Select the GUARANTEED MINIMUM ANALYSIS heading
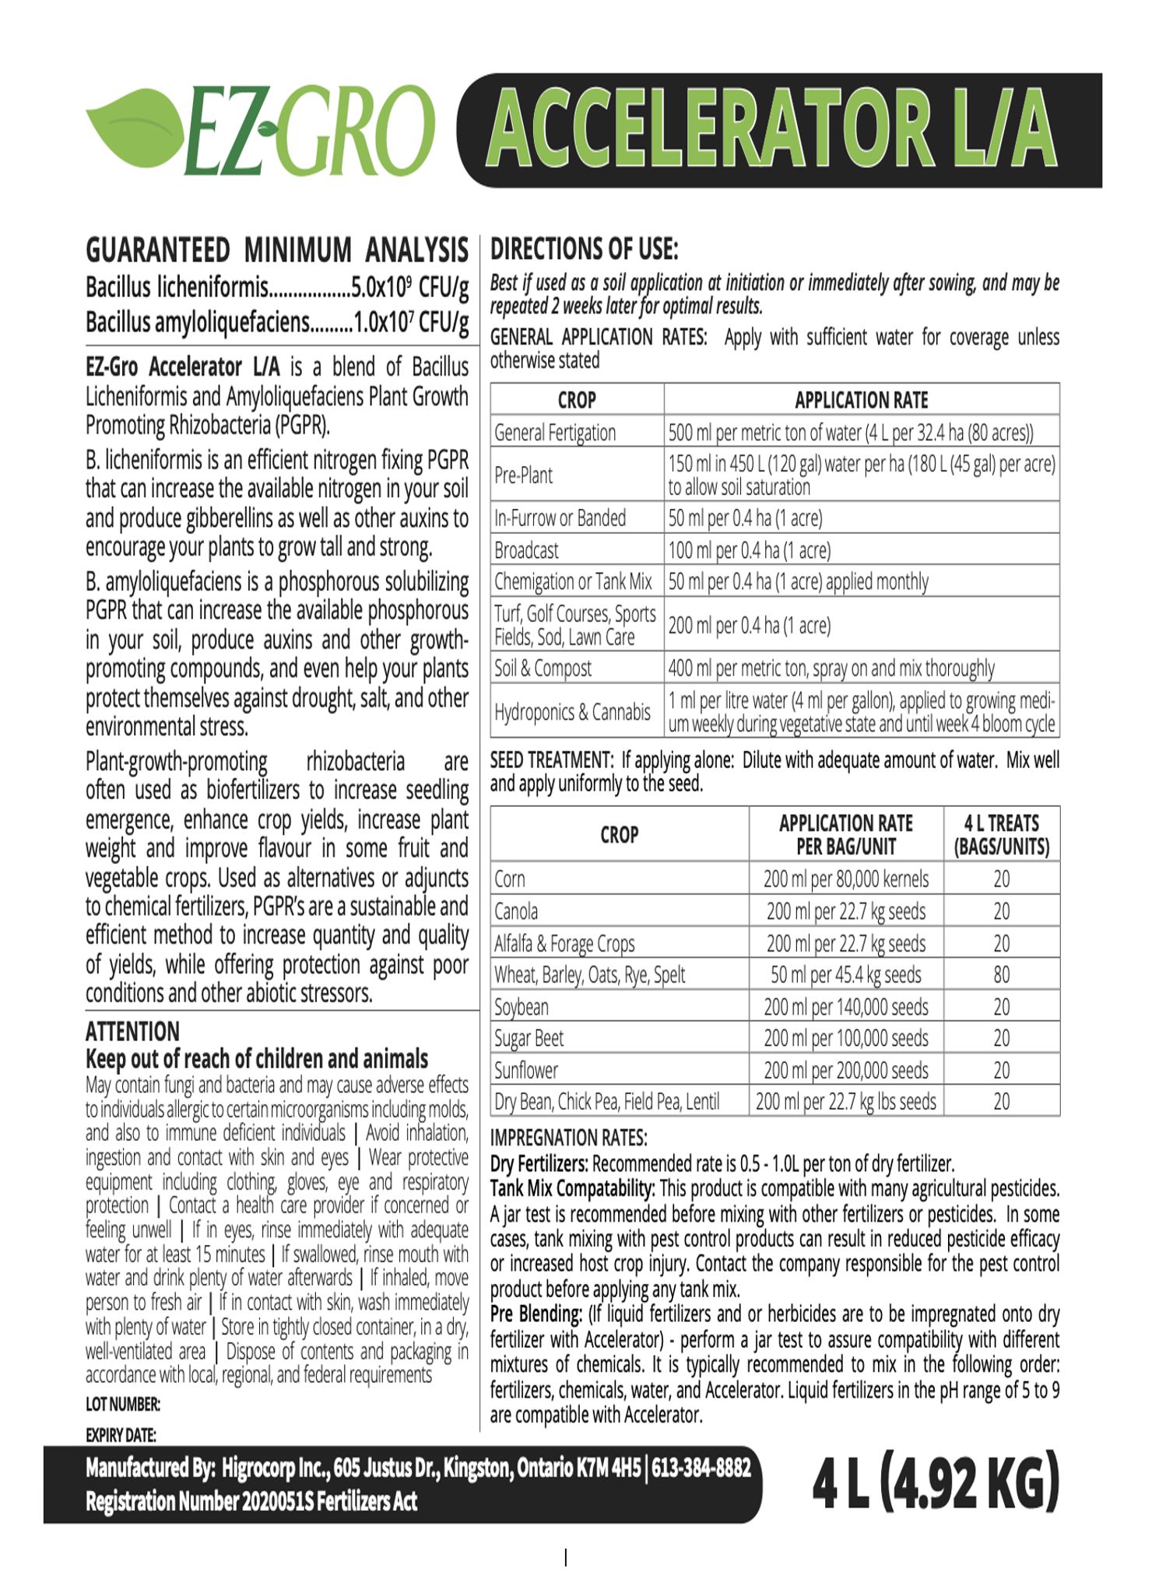coord(276,251)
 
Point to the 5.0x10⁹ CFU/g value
coord(409,288)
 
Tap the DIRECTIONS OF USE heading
coord(584,250)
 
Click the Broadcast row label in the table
coord(527,550)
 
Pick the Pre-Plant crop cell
coord(524,475)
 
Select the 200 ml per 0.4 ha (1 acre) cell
coord(749,626)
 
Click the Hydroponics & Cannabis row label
coord(572,712)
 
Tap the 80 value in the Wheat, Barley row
coord(1001,975)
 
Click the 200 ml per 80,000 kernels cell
coord(845,879)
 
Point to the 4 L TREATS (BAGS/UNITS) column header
coord(1001,835)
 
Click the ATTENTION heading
coord(132,1032)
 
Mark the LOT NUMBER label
coord(123,1405)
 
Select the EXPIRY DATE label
coord(121,1435)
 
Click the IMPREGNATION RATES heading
coord(568,1138)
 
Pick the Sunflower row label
coord(526,1071)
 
